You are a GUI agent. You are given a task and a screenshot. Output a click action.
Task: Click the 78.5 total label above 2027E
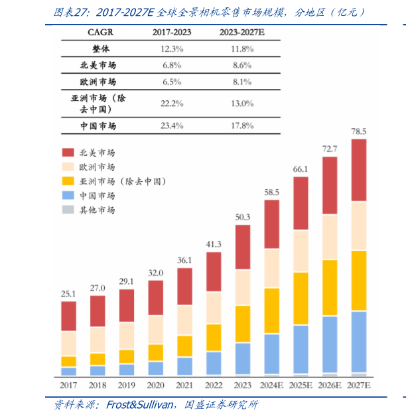[359, 131]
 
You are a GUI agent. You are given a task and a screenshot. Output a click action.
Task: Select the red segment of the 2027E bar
[359, 170]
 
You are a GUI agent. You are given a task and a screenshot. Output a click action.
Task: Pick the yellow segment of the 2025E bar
[301, 298]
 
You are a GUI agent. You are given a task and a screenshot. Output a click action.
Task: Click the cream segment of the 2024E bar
[271, 268]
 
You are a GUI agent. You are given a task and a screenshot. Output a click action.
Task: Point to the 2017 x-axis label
[68, 385]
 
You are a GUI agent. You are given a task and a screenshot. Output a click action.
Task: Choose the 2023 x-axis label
[243, 385]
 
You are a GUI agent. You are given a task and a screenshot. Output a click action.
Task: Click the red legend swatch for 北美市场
[68, 153]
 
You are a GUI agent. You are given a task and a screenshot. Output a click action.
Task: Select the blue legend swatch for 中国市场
[68, 195]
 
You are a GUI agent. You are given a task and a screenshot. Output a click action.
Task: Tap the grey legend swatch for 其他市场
[68, 210]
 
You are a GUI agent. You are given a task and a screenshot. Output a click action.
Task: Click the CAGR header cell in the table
[99, 31]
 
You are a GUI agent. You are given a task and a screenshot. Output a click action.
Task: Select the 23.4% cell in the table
[172, 125]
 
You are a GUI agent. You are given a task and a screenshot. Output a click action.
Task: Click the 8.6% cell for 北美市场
[242, 65]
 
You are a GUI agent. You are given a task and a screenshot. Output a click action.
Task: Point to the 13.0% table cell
[242, 103]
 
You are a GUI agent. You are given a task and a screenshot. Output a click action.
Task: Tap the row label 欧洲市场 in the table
[98, 82]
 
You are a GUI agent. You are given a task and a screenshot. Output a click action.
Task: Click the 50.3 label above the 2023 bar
[243, 217]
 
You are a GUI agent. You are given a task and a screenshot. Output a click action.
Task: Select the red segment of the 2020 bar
[156, 297]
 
